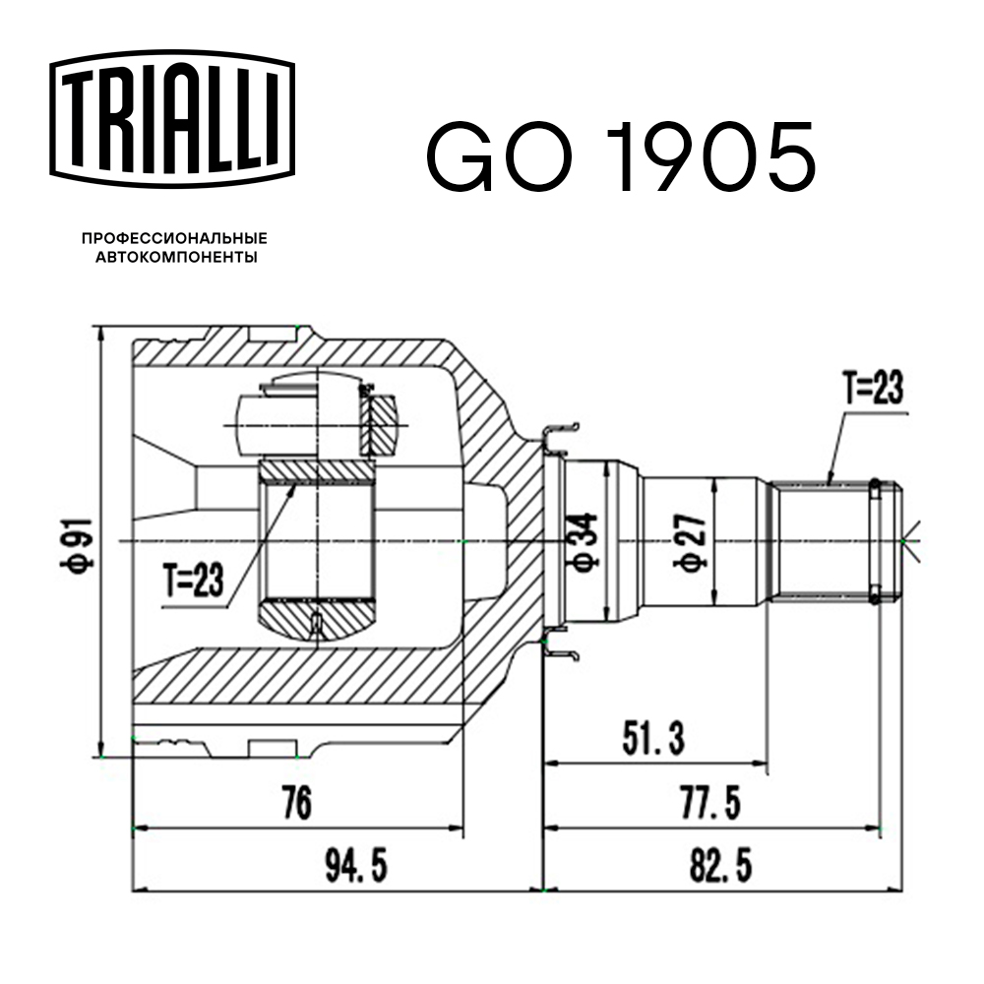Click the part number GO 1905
pyautogui.click(x=620, y=157)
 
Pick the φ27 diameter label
pyautogui.click(x=685, y=542)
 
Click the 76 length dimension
pyautogui.click(x=294, y=804)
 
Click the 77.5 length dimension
pyautogui.click(x=709, y=804)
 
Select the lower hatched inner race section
pyautogui.click(x=317, y=620)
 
